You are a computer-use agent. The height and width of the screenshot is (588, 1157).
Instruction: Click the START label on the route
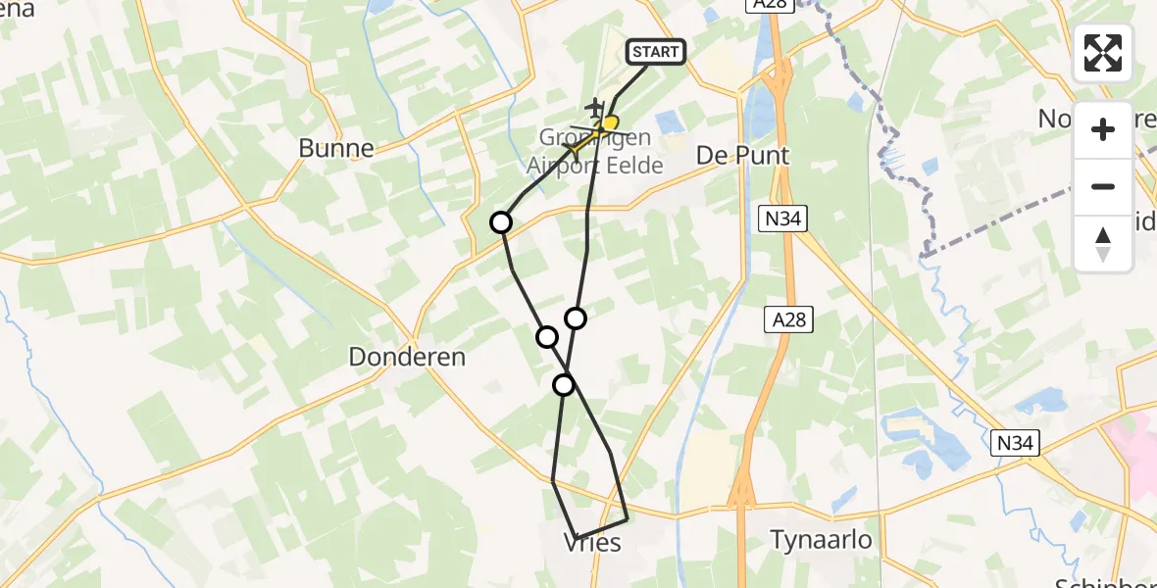[x=655, y=52]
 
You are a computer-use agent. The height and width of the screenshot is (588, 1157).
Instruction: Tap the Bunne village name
[x=336, y=149]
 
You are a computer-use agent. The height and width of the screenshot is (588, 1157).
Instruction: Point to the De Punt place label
[x=729, y=156]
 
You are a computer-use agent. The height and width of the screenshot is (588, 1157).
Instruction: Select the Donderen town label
[x=407, y=358]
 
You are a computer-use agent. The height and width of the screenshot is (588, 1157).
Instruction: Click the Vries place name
[x=593, y=542]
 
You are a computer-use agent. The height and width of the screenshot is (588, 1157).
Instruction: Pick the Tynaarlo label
[x=821, y=540]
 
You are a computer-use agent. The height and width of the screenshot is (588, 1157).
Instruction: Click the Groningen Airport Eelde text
[x=595, y=152]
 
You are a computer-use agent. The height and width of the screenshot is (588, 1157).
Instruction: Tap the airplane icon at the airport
[x=593, y=105]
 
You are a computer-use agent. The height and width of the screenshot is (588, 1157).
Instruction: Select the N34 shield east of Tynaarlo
[x=1016, y=444]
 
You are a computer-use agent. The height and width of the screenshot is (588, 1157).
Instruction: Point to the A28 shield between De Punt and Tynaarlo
[x=788, y=318]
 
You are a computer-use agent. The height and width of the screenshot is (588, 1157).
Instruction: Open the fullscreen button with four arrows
[x=1103, y=53]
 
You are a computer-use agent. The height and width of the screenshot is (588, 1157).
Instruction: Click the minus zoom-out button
[x=1103, y=186]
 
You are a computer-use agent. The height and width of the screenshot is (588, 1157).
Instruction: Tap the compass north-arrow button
[x=1103, y=243]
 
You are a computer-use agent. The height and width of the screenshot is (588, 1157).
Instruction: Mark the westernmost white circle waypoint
[x=501, y=222]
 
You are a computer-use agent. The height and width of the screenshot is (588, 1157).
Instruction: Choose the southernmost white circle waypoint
[x=564, y=385]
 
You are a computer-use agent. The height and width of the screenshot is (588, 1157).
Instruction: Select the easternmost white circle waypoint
[x=576, y=318]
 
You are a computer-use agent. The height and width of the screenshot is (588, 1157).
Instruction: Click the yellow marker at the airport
[x=610, y=123]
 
